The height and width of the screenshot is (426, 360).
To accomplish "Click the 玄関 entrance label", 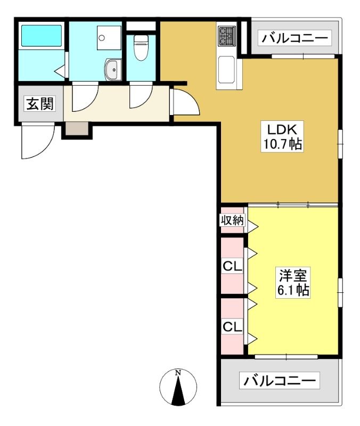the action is tap(40, 103).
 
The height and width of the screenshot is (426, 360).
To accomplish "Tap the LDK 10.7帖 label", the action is tap(282, 136).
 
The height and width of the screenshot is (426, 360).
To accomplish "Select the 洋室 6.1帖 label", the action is tap(293, 283).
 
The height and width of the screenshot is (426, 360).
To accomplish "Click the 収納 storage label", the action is tap(232, 220).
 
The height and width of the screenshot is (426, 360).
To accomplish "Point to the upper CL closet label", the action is tap(232, 266).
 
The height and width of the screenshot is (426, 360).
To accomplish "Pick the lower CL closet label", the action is tap(232, 326).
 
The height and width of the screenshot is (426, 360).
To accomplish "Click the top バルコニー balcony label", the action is tap(294, 38).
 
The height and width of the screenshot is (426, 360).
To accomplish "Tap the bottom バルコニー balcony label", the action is tap(279, 381).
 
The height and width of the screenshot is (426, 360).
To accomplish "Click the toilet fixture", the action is tap(141, 48).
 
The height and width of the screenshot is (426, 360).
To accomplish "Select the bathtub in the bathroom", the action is tap(42, 36).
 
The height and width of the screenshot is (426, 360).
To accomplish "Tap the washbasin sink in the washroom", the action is tap(113, 70).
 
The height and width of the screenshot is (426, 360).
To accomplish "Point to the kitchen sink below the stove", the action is tap(226, 70).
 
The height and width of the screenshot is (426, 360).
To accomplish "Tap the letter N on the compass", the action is tap(178, 372).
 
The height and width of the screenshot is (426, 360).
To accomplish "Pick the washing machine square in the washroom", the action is tap(109, 38).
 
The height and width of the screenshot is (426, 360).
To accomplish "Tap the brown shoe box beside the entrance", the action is tap(77, 128).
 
